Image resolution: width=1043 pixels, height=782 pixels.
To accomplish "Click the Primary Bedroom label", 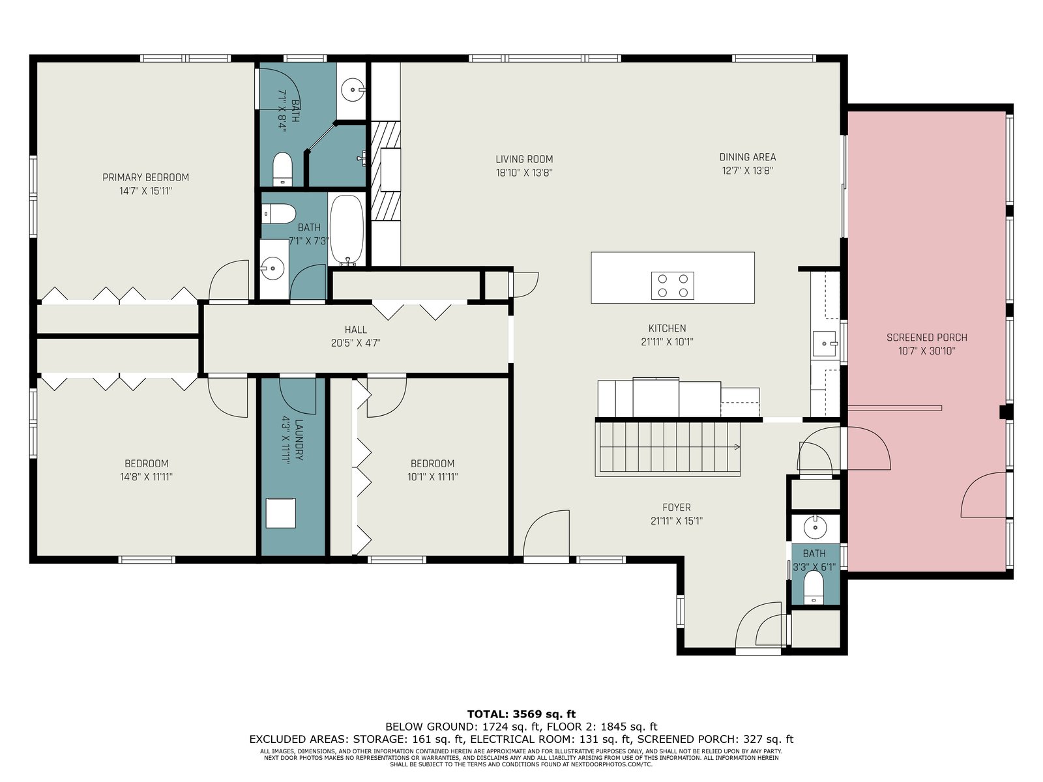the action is click(x=145, y=177).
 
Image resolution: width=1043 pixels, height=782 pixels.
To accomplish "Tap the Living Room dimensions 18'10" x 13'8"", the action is click(x=524, y=173).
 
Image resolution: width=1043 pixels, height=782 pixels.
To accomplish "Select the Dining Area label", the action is click(x=748, y=157).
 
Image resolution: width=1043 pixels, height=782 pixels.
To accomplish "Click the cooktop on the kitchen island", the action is click(x=672, y=286).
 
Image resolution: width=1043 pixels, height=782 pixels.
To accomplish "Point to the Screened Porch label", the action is click(x=926, y=338).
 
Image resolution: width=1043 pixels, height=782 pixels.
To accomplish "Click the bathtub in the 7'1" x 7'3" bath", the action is click(x=347, y=230).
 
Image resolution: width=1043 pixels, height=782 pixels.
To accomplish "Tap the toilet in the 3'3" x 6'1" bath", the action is click(x=813, y=588).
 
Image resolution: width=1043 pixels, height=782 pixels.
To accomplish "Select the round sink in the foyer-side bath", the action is click(x=815, y=527).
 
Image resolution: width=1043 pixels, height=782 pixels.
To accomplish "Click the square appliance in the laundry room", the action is click(x=280, y=514).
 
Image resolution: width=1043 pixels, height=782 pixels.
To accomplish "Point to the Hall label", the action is click(x=355, y=330).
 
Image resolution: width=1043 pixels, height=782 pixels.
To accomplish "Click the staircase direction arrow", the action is click(x=737, y=447).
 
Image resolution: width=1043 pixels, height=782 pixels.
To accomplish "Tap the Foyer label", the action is click(x=677, y=508).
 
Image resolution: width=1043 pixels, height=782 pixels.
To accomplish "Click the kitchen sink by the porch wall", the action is click(x=824, y=343).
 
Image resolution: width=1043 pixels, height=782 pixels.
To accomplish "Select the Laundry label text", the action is click(x=299, y=440).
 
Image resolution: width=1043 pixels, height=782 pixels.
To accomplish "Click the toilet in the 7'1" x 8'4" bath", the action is click(x=282, y=169).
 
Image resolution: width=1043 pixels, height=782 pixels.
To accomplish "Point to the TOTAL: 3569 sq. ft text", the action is click(x=521, y=714).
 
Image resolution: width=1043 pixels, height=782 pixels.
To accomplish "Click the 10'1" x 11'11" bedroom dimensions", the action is click(x=432, y=477).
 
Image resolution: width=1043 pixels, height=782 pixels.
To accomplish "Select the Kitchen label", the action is click(x=667, y=328).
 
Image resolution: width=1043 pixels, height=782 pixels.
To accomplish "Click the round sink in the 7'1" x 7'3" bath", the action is click(x=272, y=268).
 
